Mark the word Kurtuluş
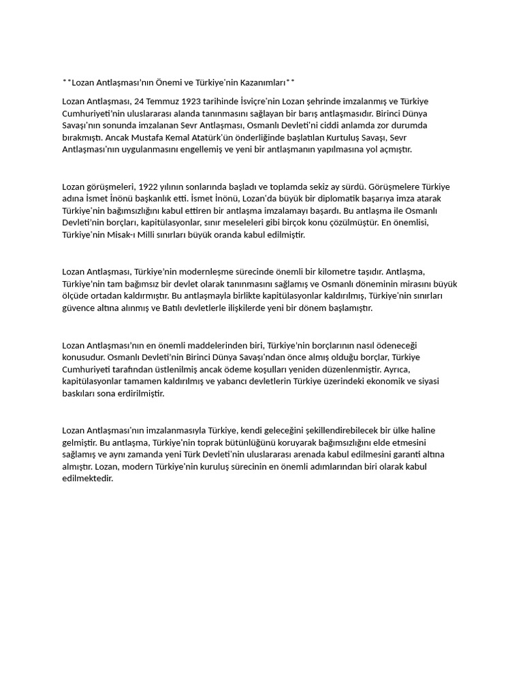tap(330, 137)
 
